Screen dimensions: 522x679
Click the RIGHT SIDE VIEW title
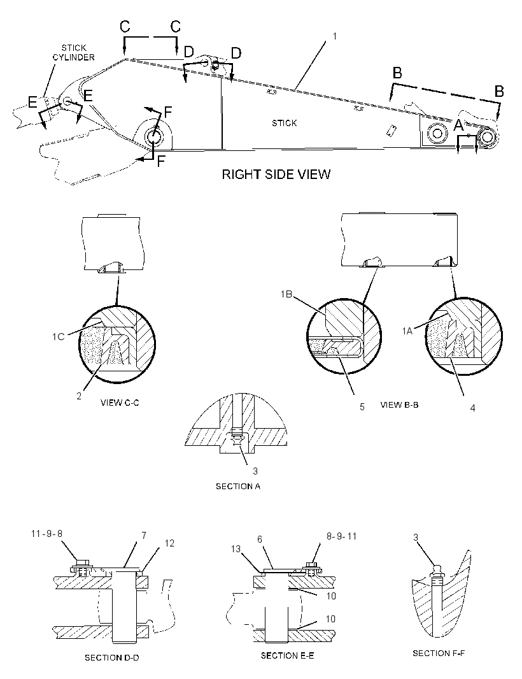[x=276, y=175]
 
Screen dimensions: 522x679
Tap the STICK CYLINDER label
[x=74, y=52]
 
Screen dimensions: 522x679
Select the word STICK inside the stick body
[x=285, y=124]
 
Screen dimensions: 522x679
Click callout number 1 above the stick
[x=334, y=36]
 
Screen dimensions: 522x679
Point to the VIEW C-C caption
[x=120, y=403]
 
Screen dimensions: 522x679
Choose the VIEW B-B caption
[x=400, y=405]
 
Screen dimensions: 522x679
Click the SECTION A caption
[x=238, y=486]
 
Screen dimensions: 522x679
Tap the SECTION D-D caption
[x=111, y=658]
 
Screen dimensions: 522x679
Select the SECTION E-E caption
[x=287, y=655]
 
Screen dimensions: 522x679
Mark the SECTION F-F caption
[x=439, y=653]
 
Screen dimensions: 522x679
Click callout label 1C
[x=59, y=336]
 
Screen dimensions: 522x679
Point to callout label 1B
[x=286, y=294]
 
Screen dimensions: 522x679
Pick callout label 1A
[x=407, y=331]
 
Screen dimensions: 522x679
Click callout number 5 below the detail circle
[x=362, y=407]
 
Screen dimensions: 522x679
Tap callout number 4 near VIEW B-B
[x=472, y=408]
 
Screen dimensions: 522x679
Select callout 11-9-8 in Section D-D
[x=46, y=534]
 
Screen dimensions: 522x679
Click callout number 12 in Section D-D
[x=169, y=543]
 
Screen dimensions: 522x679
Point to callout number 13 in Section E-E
[x=236, y=549]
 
